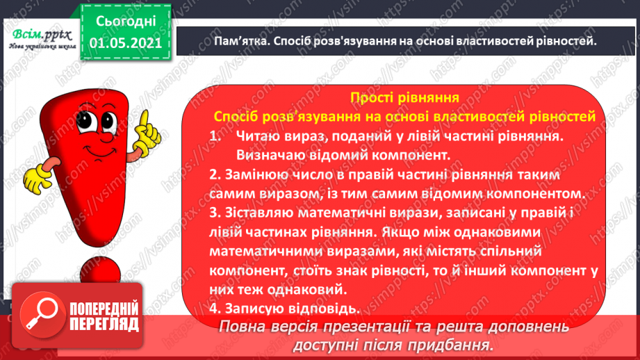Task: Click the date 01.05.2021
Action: click(x=126, y=43)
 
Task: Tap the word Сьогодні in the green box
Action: click(x=126, y=22)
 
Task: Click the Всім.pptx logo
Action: click(x=42, y=39)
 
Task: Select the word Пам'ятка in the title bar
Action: click(x=240, y=41)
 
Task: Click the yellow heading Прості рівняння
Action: click(x=404, y=97)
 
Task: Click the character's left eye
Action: click(x=85, y=121)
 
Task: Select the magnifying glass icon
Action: click(x=42, y=314)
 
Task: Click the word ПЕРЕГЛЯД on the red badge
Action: click(x=104, y=325)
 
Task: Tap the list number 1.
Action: click(x=215, y=136)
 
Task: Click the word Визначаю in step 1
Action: click(x=270, y=155)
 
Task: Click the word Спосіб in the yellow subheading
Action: click(x=236, y=117)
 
